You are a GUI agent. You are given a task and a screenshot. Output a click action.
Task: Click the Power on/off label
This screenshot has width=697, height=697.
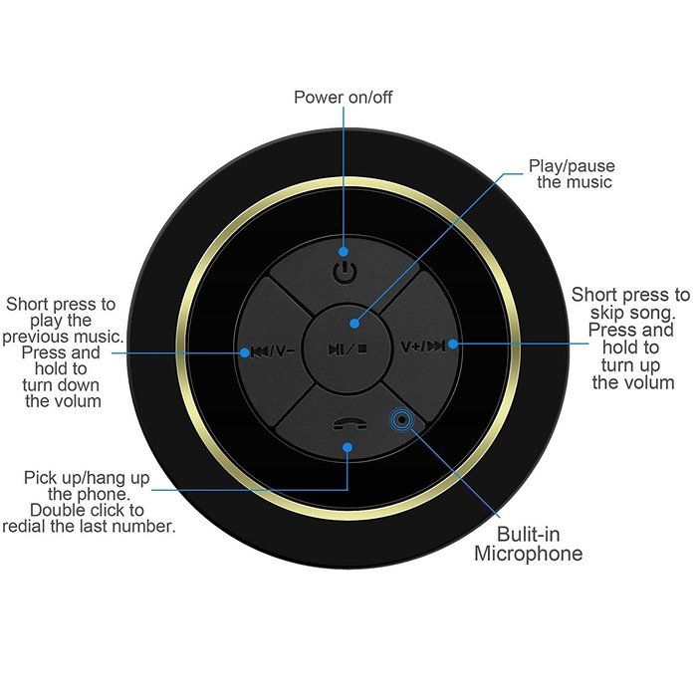[x=343, y=97]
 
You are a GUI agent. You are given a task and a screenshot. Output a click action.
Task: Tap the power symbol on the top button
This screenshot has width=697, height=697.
[x=345, y=272]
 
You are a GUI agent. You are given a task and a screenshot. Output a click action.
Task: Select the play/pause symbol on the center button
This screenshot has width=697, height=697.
[x=348, y=349]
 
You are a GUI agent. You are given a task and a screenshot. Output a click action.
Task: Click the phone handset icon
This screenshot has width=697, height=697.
[x=349, y=424]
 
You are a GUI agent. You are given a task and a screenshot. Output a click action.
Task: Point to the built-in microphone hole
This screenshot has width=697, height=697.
[x=401, y=419]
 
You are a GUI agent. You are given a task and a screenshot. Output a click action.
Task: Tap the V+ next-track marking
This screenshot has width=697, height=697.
[x=423, y=346]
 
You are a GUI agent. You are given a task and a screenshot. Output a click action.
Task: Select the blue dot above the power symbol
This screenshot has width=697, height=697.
[x=344, y=252]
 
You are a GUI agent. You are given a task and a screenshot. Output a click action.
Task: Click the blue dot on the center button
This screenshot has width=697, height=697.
[x=354, y=324]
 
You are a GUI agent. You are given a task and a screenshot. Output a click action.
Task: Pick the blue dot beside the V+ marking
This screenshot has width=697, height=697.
[x=452, y=344]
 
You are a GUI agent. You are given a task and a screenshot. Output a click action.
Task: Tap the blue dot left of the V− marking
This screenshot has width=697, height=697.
[x=244, y=352]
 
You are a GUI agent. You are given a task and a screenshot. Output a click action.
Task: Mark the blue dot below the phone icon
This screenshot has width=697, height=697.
[x=348, y=447]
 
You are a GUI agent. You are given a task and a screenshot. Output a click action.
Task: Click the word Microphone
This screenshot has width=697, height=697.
[x=528, y=554]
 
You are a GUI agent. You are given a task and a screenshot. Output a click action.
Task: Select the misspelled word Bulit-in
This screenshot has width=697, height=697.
[x=528, y=534]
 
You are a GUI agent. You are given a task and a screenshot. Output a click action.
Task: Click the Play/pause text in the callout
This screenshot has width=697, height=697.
[x=572, y=166]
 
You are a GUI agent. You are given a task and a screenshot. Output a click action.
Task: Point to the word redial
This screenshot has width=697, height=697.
[x=25, y=526]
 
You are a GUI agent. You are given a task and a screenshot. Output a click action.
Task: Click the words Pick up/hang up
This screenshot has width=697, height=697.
[x=87, y=478]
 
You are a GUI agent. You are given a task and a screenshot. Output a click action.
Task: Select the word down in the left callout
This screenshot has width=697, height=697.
[x=79, y=385]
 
